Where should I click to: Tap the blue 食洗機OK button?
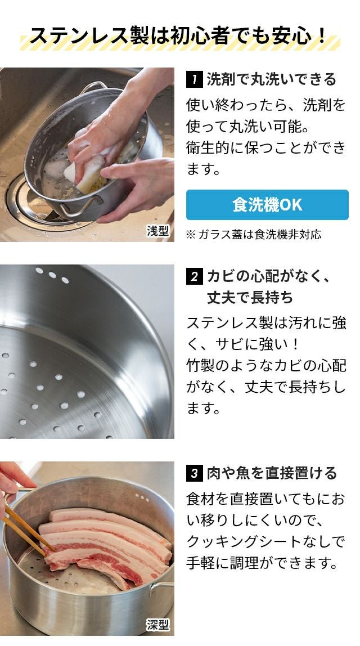pyautogui.click(x=267, y=205)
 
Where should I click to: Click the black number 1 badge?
pyautogui.click(x=194, y=79)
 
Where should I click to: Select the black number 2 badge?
pyautogui.click(x=194, y=276)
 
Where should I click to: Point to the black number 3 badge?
pyautogui.click(x=194, y=473)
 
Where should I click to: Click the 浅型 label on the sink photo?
pyautogui.click(x=158, y=231)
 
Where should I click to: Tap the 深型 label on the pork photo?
pyautogui.click(x=158, y=625)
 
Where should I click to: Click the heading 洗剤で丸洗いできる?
pyautogui.click(x=272, y=79)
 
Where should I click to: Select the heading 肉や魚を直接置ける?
pyautogui.click(x=272, y=473)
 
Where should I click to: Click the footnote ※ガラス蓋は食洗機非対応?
pyautogui.click(x=253, y=235)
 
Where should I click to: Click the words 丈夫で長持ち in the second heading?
pyautogui.click(x=250, y=298)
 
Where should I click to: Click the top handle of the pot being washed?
pyautogui.click(x=93, y=87)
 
